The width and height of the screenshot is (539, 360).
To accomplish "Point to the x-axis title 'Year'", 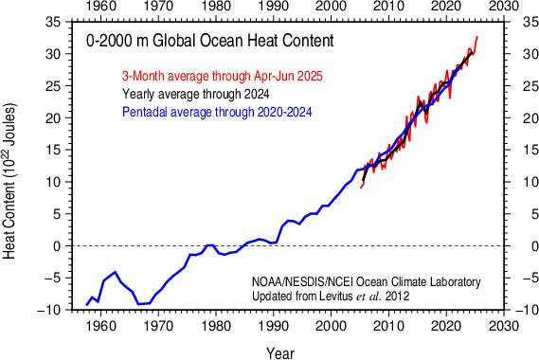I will point(279,351).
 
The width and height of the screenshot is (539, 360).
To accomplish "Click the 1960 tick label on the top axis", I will point(99,8).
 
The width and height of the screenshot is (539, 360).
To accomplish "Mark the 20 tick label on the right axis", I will point(522,117).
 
